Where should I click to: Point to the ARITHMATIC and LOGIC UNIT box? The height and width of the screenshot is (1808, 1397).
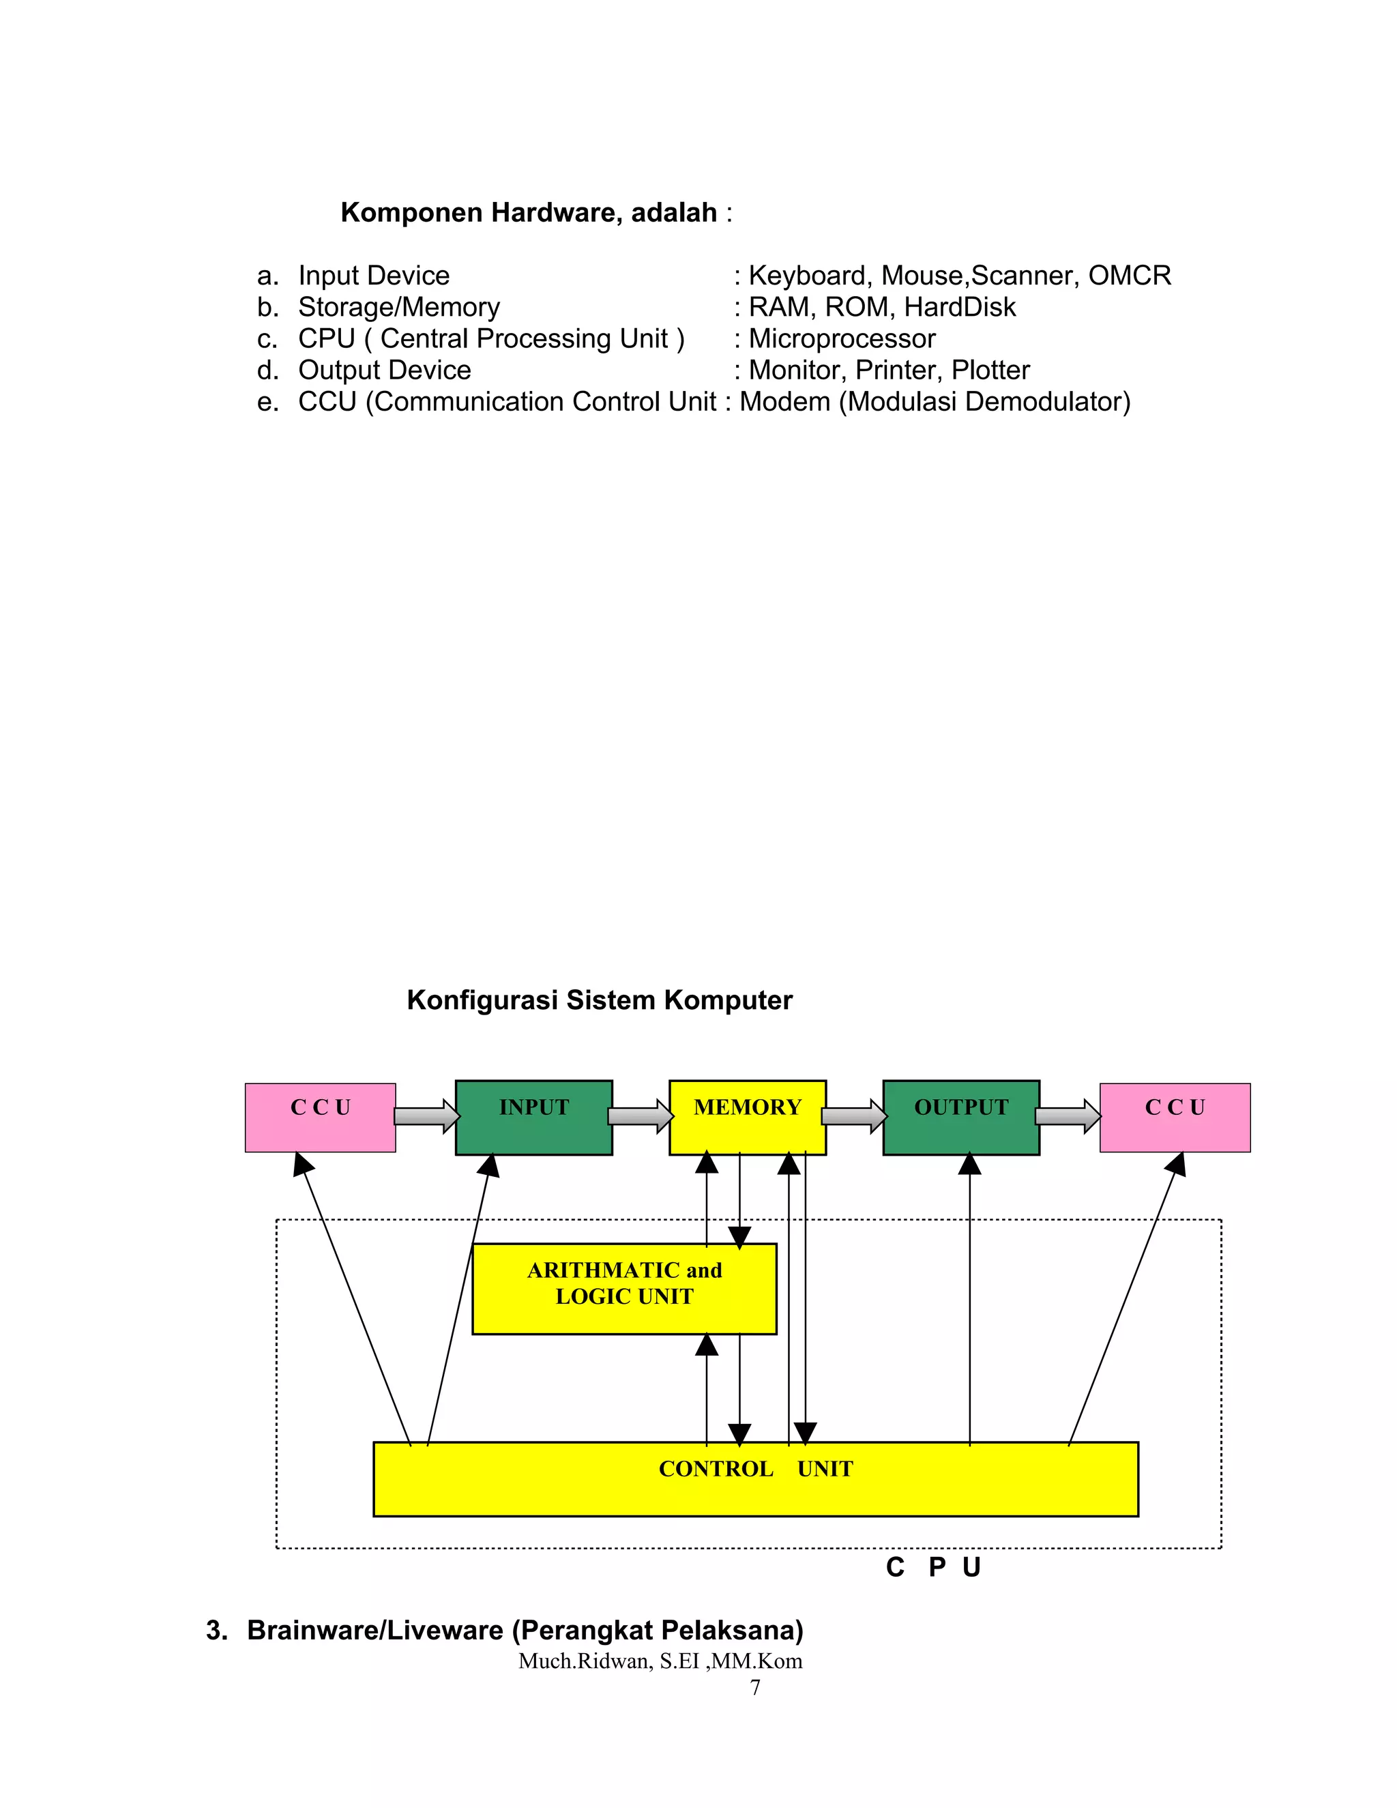pyautogui.click(x=624, y=1288)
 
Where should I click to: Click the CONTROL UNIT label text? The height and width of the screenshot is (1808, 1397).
pyautogui.click(x=755, y=1469)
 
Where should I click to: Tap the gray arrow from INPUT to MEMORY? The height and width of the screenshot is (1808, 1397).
pyautogui.click(x=641, y=1116)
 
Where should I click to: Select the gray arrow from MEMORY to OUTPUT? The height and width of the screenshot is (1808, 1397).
pyautogui.click(x=854, y=1116)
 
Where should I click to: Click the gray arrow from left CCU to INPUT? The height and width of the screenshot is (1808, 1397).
pyautogui.click(x=426, y=1116)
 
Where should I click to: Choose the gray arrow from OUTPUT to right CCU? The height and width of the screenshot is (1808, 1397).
pyautogui.click(x=1068, y=1116)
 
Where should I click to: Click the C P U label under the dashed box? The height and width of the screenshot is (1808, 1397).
pyautogui.click(x=932, y=1567)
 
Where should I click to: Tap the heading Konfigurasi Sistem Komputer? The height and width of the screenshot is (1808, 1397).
pyautogui.click(x=599, y=1000)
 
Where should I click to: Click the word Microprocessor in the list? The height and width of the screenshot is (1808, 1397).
pyautogui.click(x=842, y=338)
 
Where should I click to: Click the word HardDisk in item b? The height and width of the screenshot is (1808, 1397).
pyautogui.click(x=959, y=307)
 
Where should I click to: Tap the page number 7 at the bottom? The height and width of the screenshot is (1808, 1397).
pyautogui.click(x=755, y=1687)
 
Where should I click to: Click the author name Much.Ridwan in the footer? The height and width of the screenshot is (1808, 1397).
pyautogui.click(x=585, y=1661)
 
